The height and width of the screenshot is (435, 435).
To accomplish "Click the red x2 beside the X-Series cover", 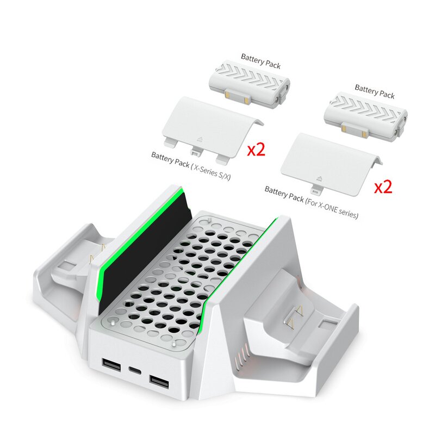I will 256,150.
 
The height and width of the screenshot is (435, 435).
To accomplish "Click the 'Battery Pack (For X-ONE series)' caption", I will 311,202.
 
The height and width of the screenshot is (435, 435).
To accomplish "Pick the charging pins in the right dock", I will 299,314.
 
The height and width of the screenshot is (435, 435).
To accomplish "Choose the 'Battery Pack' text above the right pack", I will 375,91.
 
